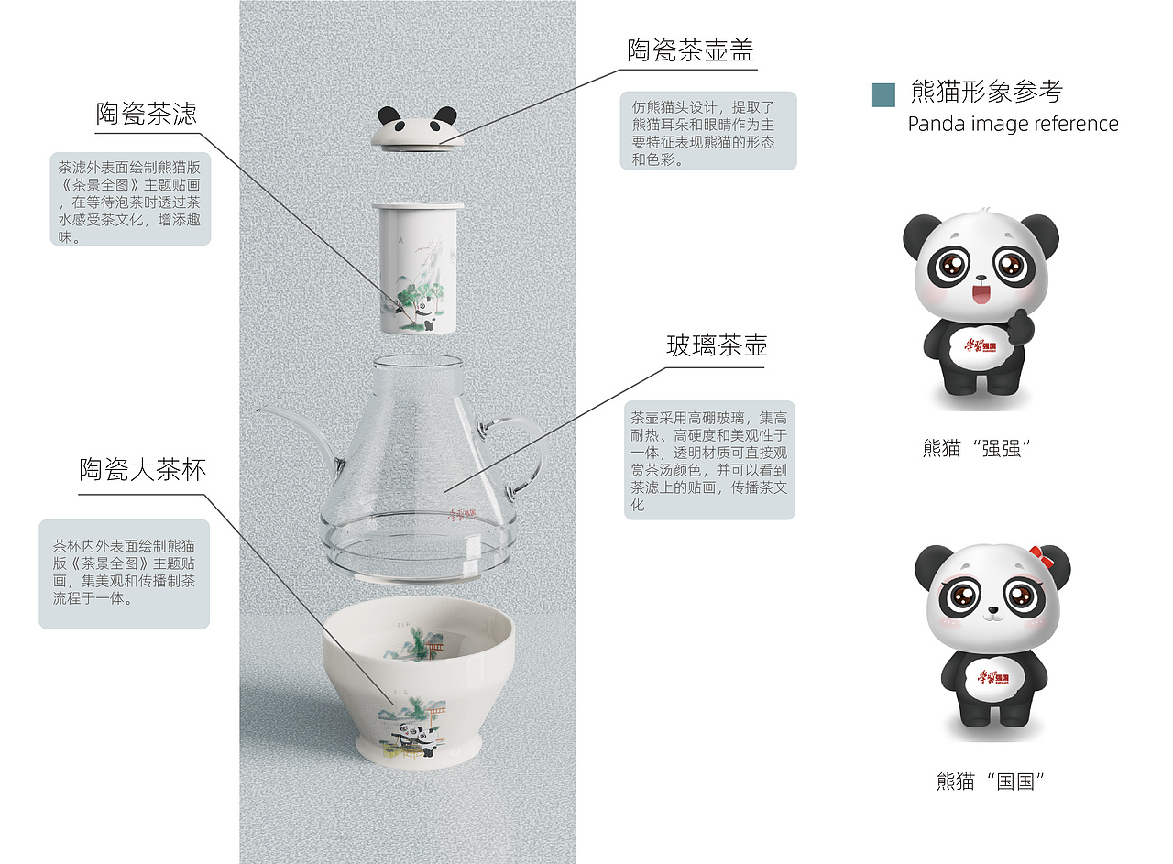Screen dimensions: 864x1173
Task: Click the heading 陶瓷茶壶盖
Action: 690,50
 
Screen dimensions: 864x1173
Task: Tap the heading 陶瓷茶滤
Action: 147,115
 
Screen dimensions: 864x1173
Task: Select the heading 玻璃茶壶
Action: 717,346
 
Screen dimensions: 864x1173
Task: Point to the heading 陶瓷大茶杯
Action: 142,471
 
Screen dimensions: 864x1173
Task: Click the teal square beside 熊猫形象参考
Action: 882,94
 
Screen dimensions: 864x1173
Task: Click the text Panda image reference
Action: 1013,124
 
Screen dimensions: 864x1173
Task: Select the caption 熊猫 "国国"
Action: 991,782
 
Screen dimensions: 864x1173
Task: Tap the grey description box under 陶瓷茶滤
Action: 130,199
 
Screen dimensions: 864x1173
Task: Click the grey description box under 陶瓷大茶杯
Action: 124,574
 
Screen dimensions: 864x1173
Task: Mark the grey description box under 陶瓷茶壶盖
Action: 708,130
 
